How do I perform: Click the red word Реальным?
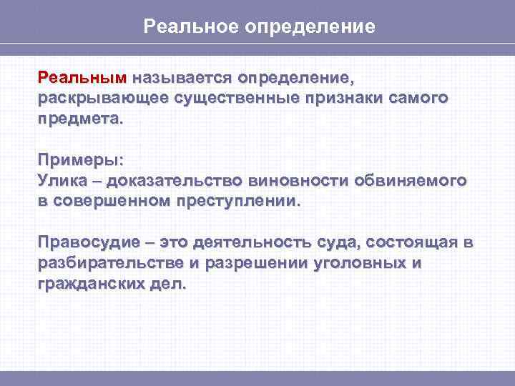82,76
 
